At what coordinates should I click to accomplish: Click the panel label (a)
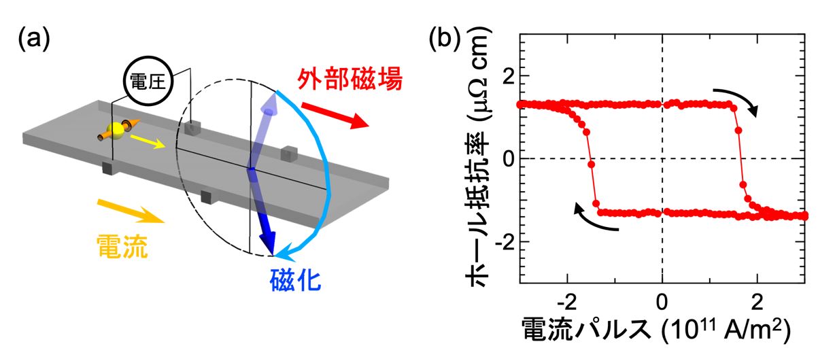coord(33,39)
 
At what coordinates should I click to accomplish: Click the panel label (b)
coord(444,39)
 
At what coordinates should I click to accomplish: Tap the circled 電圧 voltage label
coord(148,81)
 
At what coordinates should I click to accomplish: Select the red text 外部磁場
coord(350,79)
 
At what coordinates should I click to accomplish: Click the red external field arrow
coord(335,116)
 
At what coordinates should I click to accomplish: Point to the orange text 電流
coord(122,247)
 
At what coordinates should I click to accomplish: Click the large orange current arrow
coord(131,211)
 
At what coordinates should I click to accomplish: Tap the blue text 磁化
coord(295,280)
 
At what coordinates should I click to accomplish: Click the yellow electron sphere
coord(116,131)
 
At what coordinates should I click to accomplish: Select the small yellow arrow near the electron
coord(148,142)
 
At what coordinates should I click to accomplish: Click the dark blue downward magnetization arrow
coord(262,212)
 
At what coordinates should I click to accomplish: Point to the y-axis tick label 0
coord(509,159)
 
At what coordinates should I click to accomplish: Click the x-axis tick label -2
coord(567,302)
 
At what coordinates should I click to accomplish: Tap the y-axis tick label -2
coord(505,242)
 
